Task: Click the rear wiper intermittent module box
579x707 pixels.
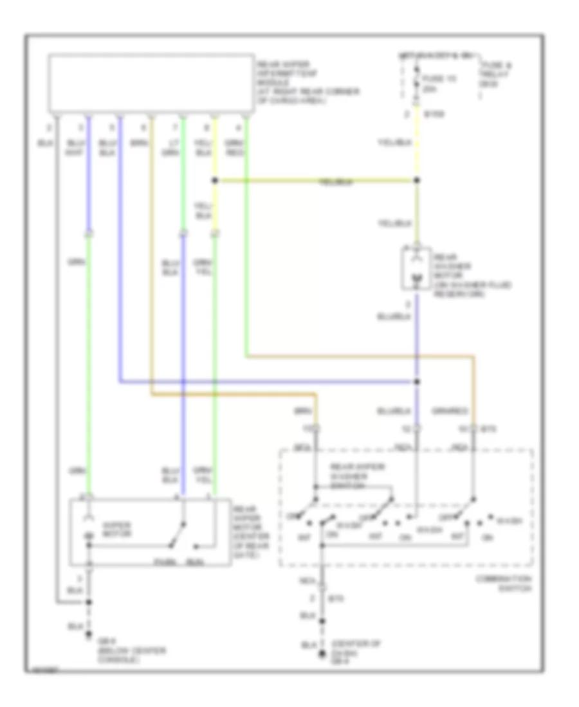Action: [151, 84]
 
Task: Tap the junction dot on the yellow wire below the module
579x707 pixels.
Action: [214, 181]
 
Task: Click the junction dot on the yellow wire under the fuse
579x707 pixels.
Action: [417, 181]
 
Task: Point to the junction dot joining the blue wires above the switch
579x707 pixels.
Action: [417, 382]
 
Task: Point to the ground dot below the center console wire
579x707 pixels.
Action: [89, 637]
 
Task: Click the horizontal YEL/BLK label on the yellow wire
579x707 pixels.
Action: [335, 183]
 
